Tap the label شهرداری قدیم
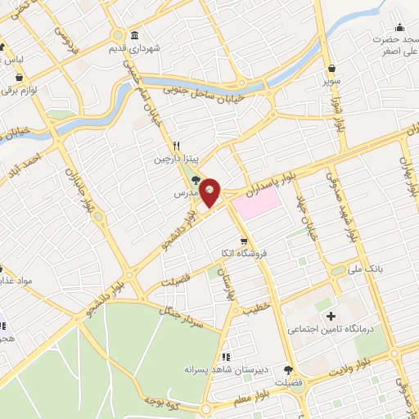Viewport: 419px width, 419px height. (x=163, y=48)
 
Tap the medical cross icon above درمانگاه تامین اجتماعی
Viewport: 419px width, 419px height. (x=331, y=316)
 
